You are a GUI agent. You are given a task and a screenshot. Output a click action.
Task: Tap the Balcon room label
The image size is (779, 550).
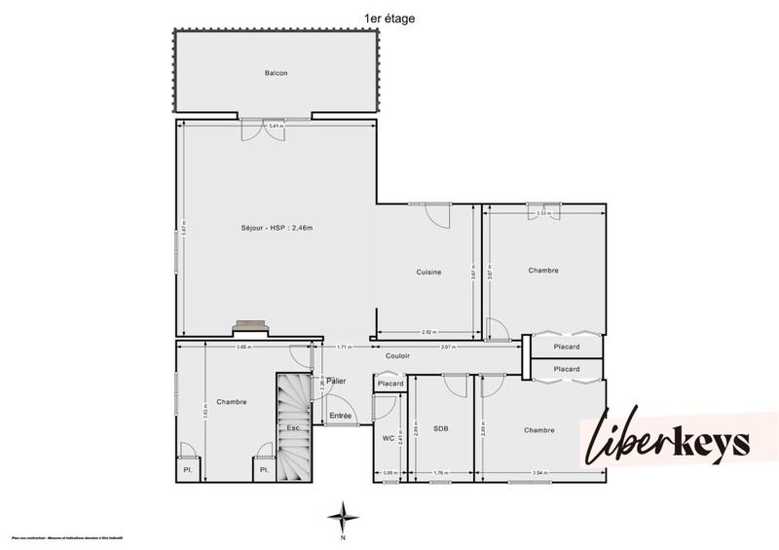[277, 73]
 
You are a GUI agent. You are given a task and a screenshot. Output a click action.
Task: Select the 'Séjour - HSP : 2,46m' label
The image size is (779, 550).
[277, 228]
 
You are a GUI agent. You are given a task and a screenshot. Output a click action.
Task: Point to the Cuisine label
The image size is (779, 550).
[429, 273]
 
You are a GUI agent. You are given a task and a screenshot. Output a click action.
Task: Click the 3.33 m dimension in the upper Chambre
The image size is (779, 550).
[544, 211]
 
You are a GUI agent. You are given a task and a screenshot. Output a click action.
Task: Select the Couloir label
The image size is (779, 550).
[397, 357]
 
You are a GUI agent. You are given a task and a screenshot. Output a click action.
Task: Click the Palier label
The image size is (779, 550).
[337, 381]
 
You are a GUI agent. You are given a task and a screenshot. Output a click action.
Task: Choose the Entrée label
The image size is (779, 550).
[340, 416]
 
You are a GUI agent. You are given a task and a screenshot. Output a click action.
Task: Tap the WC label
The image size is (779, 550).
[388, 438]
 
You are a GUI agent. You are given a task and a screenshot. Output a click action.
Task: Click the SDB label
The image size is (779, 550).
[441, 428]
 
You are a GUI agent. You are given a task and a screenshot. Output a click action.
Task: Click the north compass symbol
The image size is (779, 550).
[342, 517]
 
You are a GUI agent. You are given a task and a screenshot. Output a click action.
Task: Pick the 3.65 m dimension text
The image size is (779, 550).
[243, 347]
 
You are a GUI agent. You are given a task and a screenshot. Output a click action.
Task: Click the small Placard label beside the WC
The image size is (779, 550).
[390, 385]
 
